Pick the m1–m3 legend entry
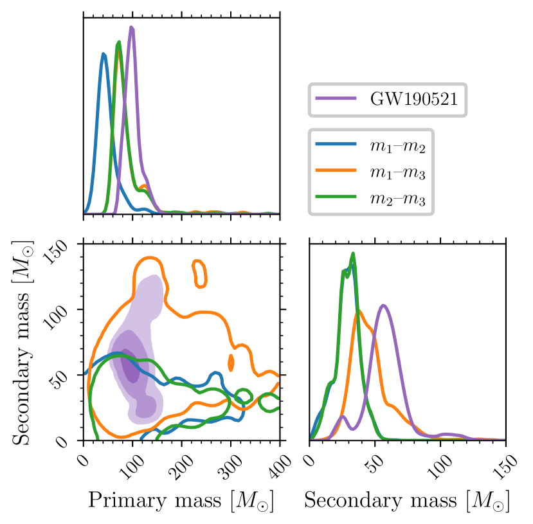[x=399, y=173]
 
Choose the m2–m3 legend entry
[x=399, y=201]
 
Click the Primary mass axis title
[x=182, y=501]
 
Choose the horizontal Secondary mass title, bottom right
[x=406, y=501]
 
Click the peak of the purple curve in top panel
[x=131, y=27]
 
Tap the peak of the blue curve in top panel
[x=104, y=53]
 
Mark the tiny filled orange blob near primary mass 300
[x=231, y=363]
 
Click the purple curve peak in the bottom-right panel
[x=383, y=305]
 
